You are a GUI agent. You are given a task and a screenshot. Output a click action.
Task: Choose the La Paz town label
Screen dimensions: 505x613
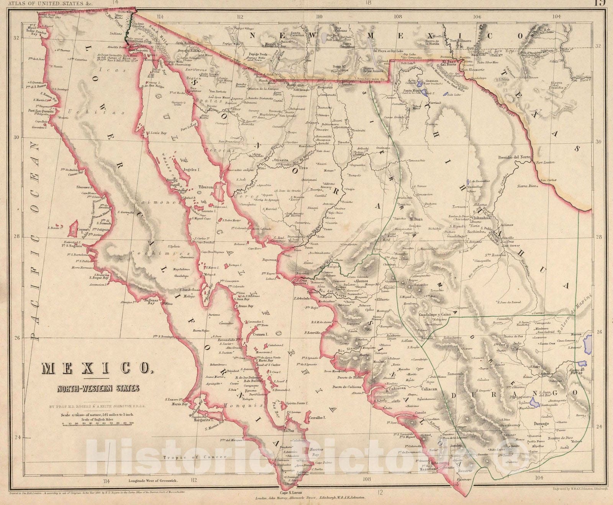288,431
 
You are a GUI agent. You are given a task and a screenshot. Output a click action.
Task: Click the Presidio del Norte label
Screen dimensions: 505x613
514,157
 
